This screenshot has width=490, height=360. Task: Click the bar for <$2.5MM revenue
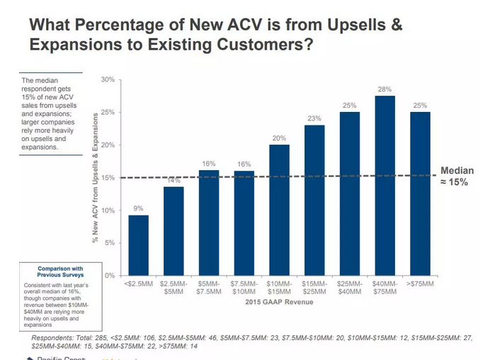(138, 244)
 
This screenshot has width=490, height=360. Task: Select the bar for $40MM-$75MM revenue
(384, 185)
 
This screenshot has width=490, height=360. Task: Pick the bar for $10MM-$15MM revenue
(279, 210)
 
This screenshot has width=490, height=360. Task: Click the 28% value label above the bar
(384, 89)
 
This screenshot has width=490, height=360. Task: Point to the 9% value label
(138, 209)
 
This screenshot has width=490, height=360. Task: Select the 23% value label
(314, 118)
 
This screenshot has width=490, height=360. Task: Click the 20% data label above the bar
(279, 138)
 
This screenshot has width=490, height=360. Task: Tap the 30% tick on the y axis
(108, 79)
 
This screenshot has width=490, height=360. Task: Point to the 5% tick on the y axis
(110, 243)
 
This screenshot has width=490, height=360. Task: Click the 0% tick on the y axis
(110, 276)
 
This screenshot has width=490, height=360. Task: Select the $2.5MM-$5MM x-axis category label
(173, 287)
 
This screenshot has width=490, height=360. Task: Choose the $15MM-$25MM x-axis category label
(314, 287)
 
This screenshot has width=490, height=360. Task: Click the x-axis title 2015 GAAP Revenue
(279, 303)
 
